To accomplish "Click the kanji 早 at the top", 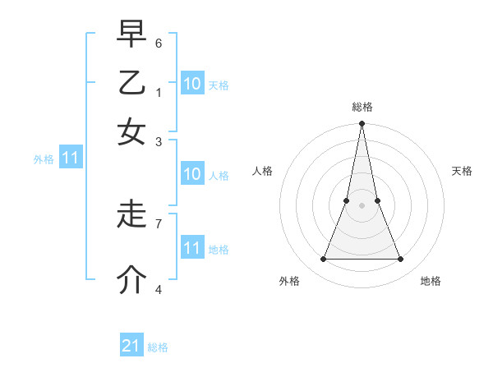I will point(131,36).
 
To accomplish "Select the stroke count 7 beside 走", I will point(159,223).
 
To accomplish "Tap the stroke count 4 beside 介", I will point(159,288).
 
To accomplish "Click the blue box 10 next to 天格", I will point(192,84).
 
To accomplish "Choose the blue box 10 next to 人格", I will point(192,174).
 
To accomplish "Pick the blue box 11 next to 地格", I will point(192,247).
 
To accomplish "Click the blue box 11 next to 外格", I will point(71,158).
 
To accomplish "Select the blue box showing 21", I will point(131,346).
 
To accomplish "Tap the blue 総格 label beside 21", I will point(158,347).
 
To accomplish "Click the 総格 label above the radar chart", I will point(362,108).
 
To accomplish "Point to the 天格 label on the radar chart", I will point(462,171).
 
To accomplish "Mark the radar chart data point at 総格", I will point(362,125).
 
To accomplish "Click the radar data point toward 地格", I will point(401,260).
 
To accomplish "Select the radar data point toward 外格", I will point(323,260).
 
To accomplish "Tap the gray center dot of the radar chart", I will point(362,206).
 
